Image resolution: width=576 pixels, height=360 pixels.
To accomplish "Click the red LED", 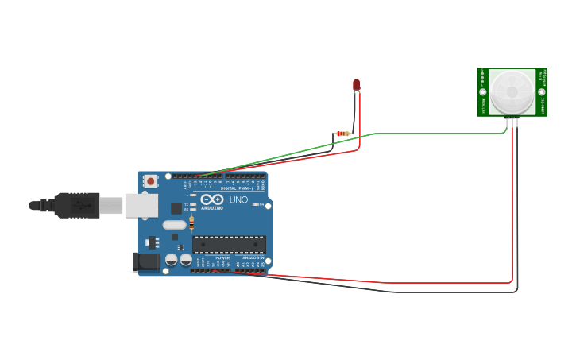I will (x=357, y=84).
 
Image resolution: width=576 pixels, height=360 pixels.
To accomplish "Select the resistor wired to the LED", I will (x=343, y=134).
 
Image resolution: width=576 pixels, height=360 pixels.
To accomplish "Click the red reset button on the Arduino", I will (x=151, y=181).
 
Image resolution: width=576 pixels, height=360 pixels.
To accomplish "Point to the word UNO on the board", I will (x=239, y=199).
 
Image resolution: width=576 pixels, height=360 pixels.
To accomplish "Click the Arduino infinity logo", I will (x=212, y=199).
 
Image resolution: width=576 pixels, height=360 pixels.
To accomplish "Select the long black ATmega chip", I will (x=229, y=245).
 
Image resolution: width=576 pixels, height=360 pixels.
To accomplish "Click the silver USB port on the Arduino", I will (x=141, y=205).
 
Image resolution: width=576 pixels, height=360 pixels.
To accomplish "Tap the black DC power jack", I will (x=146, y=261).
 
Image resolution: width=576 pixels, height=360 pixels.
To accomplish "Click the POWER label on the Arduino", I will (x=222, y=258).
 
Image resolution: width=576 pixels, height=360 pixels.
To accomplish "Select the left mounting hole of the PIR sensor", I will (x=482, y=92).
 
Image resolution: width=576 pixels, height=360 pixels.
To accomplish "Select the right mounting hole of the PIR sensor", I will (x=540, y=92).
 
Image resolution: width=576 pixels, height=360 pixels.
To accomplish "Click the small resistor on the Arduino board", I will (x=191, y=225).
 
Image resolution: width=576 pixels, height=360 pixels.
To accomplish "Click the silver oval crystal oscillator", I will (x=174, y=225).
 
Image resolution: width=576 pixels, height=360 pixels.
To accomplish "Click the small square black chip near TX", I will (x=176, y=208).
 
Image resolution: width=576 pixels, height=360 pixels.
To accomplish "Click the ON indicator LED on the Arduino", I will (x=254, y=205).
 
